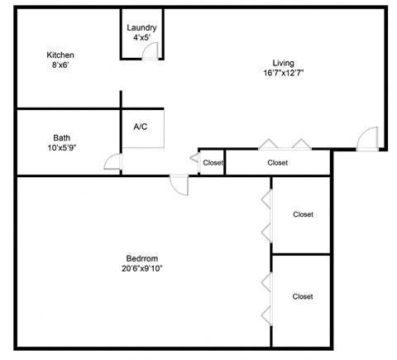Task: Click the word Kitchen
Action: click(60, 55)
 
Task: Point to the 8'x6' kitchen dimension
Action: click(60, 66)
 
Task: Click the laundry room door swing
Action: click(151, 52)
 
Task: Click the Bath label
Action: click(61, 137)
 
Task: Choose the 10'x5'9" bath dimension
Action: click(61, 148)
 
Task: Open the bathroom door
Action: click(114, 161)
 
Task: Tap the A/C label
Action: click(141, 127)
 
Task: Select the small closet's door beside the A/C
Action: click(193, 157)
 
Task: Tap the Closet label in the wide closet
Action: click(278, 163)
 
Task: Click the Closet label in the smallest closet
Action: click(213, 163)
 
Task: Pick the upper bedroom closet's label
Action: click(303, 214)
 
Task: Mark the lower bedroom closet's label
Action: click(303, 296)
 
